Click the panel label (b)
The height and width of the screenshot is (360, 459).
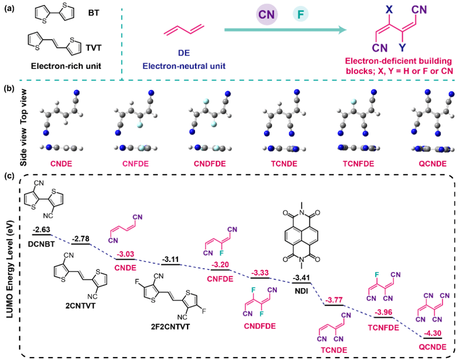(x=9, y=89)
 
